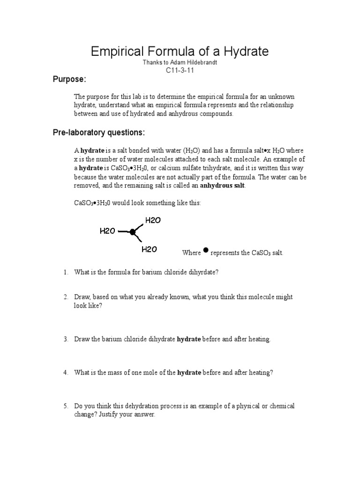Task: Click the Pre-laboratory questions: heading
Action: tap(98, 133)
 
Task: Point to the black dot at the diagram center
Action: tap(133, 232)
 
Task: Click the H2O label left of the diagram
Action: tap(107, 231)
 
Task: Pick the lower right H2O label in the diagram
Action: tap(149, 249)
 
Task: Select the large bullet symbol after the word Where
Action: tap(206, 251)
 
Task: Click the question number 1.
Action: tap(66, 272)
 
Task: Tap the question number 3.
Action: tap(66, 339)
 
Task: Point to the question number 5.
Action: tap(66, 406)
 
